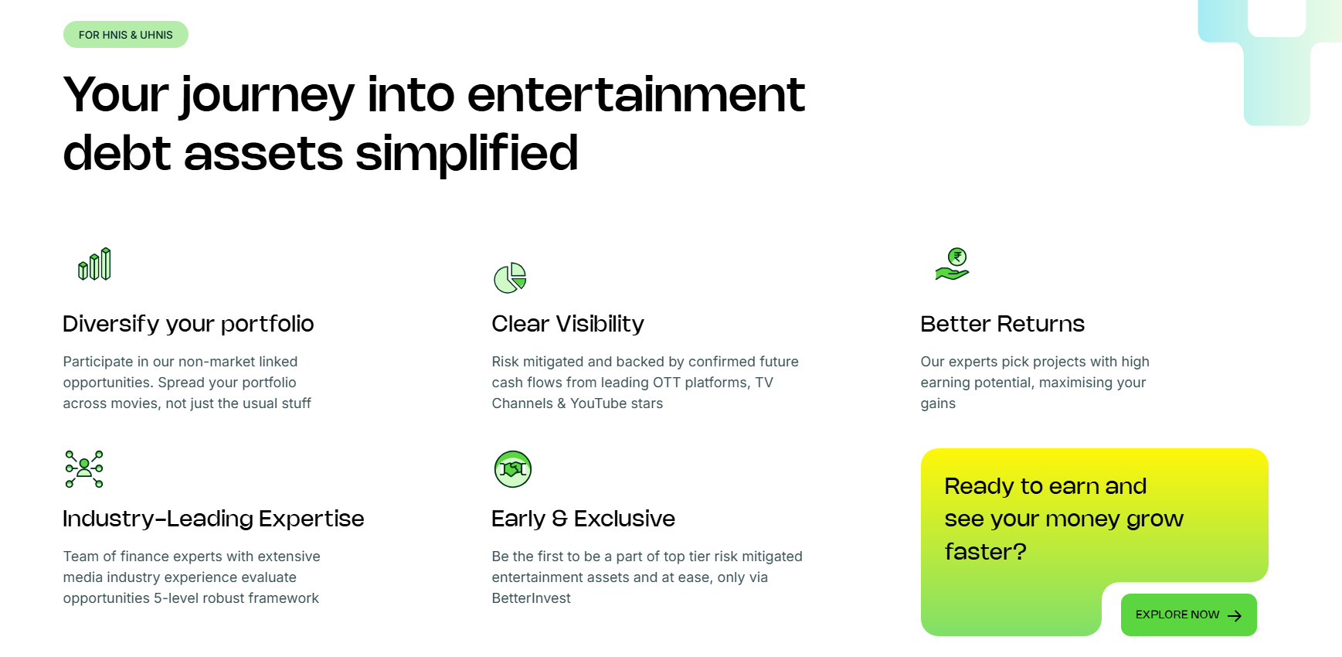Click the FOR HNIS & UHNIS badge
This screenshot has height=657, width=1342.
point(126,35)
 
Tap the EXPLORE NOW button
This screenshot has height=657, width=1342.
point(1188,615)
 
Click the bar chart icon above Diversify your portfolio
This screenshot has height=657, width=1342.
point(94,264)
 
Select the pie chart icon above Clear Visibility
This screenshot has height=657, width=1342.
point(510,277)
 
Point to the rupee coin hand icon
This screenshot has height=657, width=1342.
point(953,264)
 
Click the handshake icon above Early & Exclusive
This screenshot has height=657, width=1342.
point(513,469)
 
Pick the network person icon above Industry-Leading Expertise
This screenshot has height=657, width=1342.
point(84,469)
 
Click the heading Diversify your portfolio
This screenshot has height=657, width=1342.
point(189,324)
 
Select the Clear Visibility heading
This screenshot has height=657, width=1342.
point(568,324)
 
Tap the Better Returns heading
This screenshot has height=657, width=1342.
point(1003,324)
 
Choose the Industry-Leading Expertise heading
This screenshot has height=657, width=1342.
point(213,519)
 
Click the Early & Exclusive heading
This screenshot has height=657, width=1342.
point(583,519)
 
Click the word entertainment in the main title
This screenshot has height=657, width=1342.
point(636,95)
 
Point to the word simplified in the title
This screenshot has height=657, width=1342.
point(467,153)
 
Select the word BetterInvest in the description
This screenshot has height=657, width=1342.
point(532,598)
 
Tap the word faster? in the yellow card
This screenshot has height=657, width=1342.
point(986,552)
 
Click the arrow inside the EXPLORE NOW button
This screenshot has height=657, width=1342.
point(1235,616)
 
